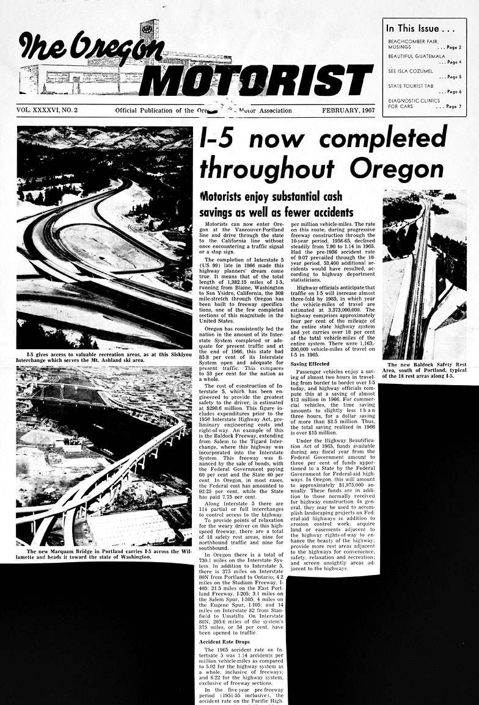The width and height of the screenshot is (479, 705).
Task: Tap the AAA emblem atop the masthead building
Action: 147,28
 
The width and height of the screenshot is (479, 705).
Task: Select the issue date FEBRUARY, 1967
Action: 347,110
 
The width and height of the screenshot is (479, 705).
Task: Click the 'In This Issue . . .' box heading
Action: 419,29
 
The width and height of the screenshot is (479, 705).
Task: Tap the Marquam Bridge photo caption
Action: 104,553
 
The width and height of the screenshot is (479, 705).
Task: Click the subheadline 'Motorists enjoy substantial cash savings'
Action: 277,204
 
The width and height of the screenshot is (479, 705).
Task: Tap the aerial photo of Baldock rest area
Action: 424,275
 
